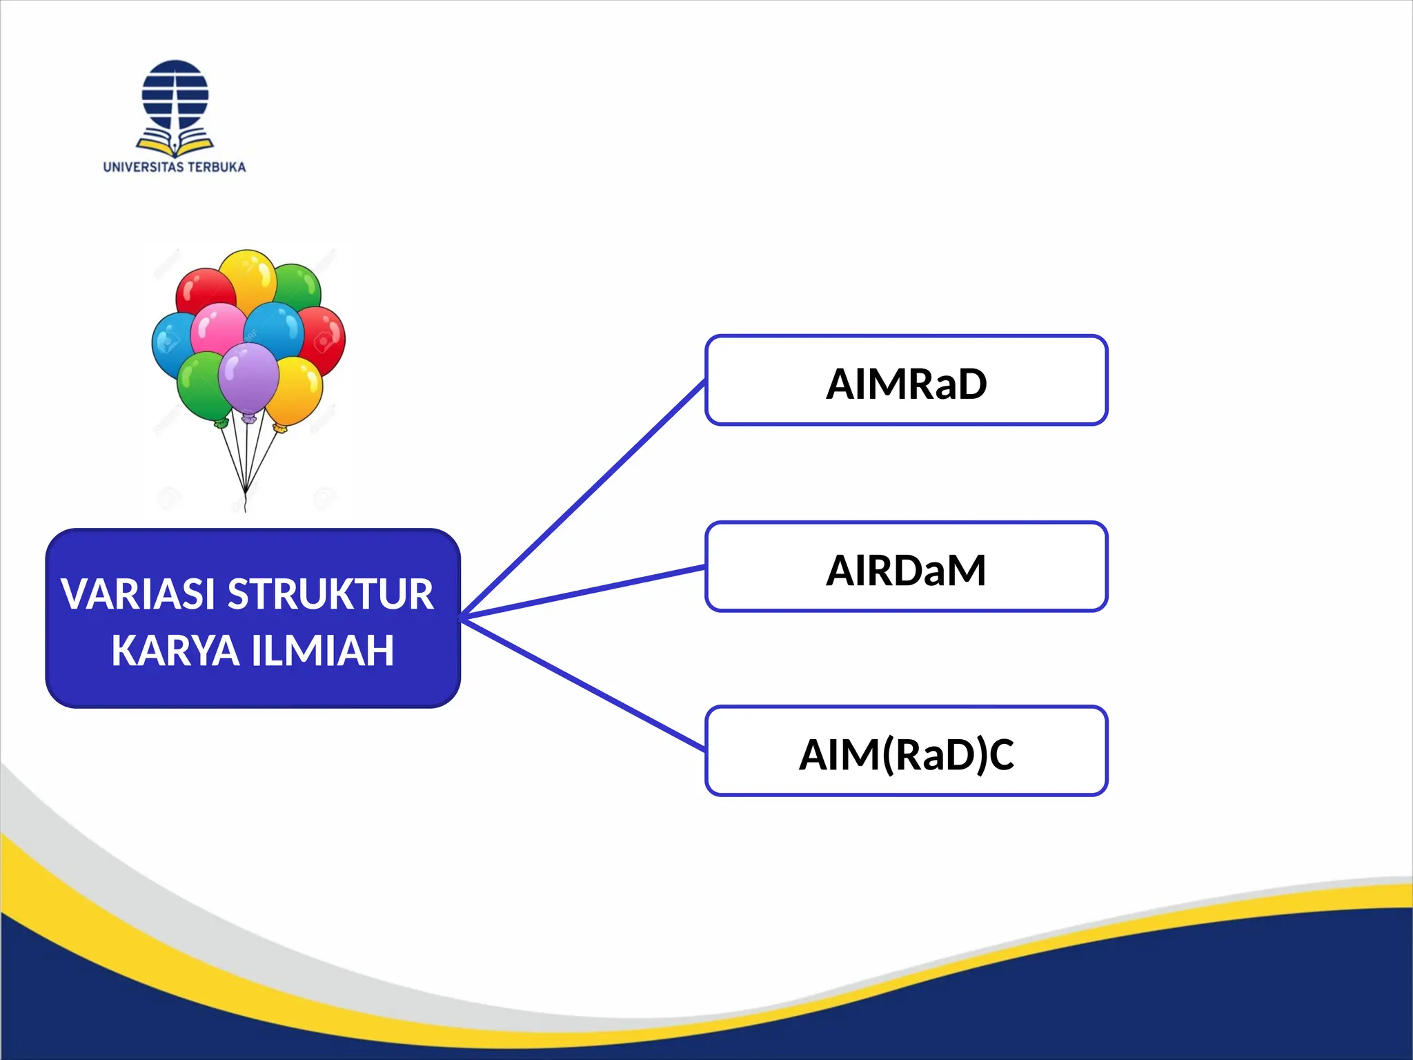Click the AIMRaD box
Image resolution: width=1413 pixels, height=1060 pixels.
click(x=906, y=380)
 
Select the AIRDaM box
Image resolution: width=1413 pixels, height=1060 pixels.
click(x=906, y=567)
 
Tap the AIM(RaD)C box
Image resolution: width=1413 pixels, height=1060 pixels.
click(x=906, y=752)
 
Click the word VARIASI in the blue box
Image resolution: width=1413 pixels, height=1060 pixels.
click(x=138, y=594)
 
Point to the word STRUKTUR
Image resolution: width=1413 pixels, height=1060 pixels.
click(x=330, y=594)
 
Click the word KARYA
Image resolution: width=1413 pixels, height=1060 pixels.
click(x=175, y=651)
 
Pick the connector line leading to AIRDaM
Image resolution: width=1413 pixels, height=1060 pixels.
click(x=583, y=591)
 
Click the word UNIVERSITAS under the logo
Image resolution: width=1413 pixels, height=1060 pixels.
click(x=144, y=167)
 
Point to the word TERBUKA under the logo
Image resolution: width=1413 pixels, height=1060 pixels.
click(x=217, y=167)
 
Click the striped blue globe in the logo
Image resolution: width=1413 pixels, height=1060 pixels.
click(x=175, y=94)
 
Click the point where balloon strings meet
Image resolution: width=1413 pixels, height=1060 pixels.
click(x=245, y=491)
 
